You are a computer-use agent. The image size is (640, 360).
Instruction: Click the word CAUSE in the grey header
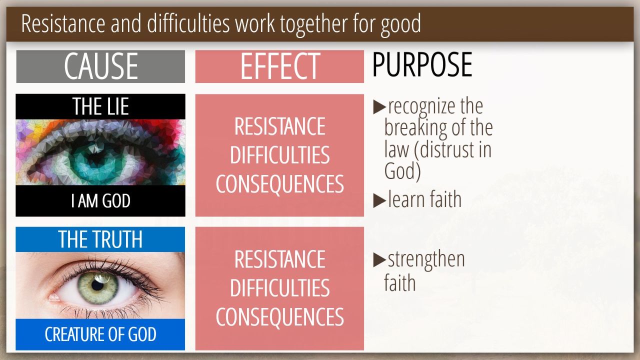(101, 66)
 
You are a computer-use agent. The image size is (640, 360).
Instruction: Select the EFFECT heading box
(279, 66)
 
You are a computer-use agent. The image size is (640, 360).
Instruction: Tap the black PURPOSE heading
(422, 64)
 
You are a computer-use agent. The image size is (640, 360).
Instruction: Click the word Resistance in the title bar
(63, 23)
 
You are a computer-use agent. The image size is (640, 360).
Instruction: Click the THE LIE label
(100, 106)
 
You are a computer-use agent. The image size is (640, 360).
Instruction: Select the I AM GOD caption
(100, 201)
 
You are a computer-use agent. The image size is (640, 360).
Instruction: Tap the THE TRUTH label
(100, 239)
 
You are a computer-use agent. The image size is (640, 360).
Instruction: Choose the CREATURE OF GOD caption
(100, 334)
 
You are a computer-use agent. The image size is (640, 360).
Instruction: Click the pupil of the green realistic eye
(97, 285)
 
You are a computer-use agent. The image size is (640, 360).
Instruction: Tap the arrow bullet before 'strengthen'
(379, 260)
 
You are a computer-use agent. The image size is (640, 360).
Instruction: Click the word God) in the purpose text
(402, 171)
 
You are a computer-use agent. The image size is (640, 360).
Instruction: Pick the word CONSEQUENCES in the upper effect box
(279, 184)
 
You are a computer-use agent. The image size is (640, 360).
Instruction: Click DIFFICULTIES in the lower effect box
(279, 288)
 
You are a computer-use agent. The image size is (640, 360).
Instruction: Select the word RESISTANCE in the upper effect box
(279, 126)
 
